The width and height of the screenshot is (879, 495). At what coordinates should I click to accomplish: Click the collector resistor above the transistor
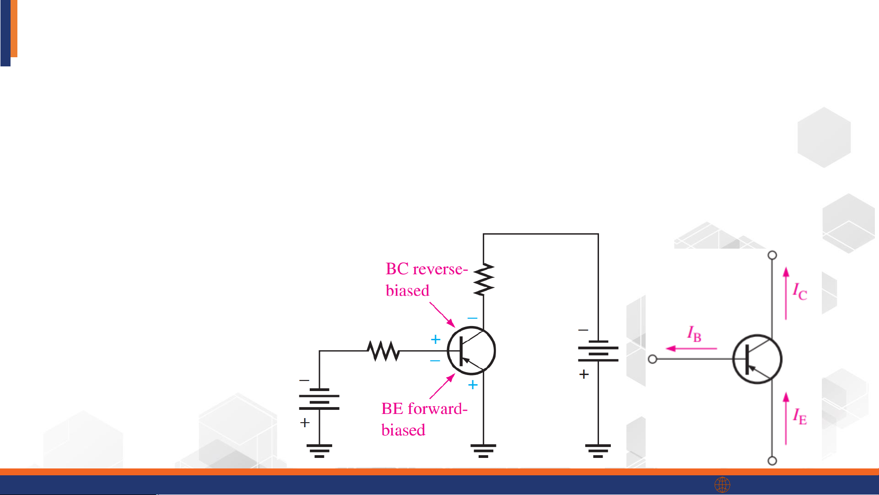484,279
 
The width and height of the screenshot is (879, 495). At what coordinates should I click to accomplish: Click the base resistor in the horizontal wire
383,351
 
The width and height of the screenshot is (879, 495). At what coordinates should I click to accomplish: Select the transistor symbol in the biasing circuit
471,351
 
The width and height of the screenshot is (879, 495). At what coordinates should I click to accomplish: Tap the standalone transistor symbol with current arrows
757,359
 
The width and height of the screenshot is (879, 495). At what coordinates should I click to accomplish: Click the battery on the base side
319,399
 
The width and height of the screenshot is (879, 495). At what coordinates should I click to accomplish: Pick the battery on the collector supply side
598,351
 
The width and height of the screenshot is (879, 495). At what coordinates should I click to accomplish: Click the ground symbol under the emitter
483,450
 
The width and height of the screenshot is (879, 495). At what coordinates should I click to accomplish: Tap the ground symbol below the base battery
319,450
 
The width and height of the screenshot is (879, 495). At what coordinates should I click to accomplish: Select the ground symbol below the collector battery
598,450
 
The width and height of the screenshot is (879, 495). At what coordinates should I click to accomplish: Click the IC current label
800,291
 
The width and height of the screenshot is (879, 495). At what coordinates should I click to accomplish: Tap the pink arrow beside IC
786,293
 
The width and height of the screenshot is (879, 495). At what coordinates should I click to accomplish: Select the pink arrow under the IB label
691,348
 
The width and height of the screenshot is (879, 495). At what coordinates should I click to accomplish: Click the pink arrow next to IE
786,418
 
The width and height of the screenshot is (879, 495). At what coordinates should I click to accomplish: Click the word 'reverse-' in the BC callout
440,269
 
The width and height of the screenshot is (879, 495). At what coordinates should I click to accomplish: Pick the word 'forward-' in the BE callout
437,408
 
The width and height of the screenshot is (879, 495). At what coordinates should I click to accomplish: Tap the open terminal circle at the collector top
772,255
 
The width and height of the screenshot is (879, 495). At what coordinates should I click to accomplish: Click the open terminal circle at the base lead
653,359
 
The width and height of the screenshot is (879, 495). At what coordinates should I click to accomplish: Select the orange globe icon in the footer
723,484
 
